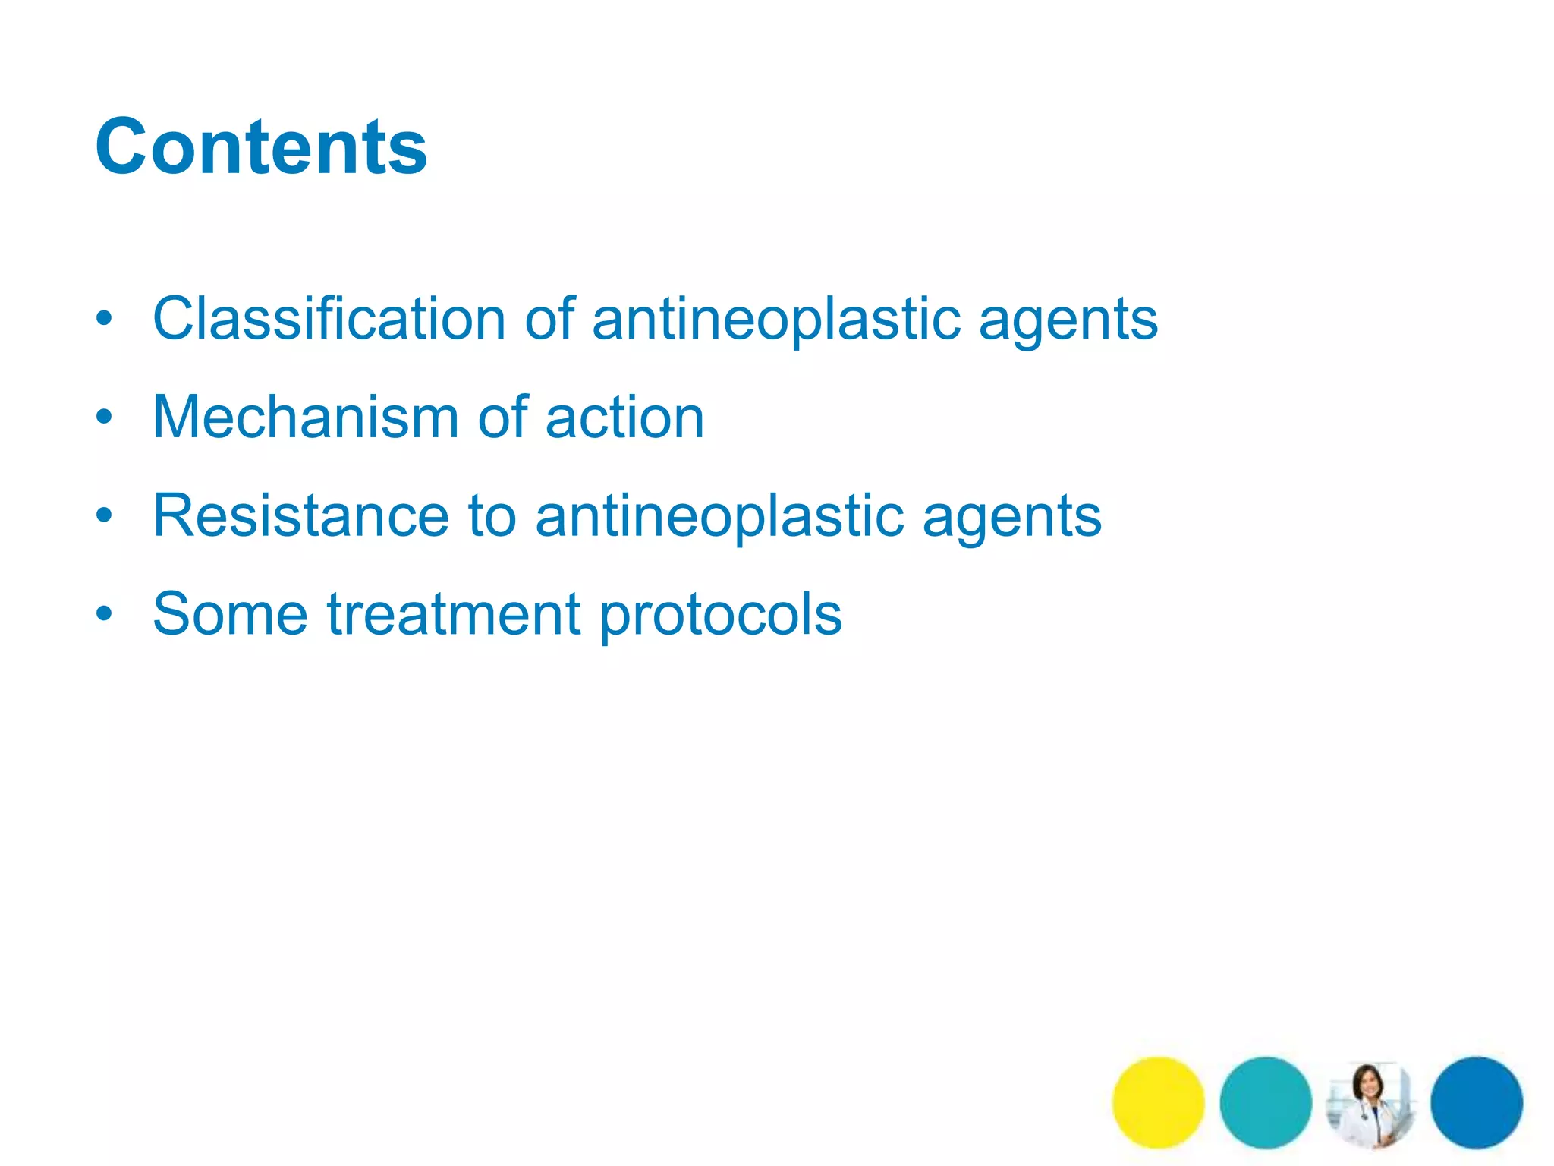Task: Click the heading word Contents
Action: [x=261, y=147]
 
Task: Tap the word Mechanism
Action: [x=306, y=418]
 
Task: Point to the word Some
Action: [x=230, y=614]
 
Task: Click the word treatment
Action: [x=454, y=614]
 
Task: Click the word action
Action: [x=624, y=418]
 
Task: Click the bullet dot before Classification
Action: [x=104, y=319]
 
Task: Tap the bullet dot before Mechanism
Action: [x=104, y=417]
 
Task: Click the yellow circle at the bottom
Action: [x=1158, y=1102]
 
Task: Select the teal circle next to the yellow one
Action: [x=1265, y=1102]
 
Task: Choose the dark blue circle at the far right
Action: [x=1477, y=1102]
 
